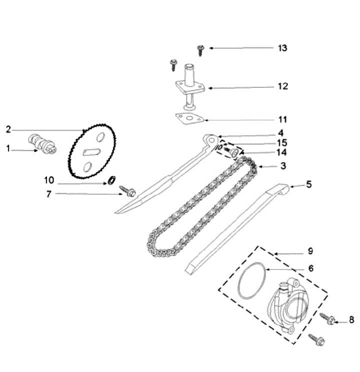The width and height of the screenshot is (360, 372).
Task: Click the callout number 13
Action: click(282, 48)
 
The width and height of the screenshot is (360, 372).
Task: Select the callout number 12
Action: click(282, 86)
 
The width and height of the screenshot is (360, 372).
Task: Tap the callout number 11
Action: click(282, 119)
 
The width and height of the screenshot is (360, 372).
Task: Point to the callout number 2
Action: click(8, 129)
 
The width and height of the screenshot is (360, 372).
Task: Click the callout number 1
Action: click(8, 148)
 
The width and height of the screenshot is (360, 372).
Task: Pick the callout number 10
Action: click(48, 180)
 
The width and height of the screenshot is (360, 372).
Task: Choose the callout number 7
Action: click(48, 194)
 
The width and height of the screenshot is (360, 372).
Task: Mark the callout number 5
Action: click(308, 184)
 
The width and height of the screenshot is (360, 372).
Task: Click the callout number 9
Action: click(310, 250)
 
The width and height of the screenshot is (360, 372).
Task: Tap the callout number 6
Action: click(310, 268)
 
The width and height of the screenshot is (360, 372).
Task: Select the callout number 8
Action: click(351, 320)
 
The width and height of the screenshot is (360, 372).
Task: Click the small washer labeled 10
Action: click(111, 180)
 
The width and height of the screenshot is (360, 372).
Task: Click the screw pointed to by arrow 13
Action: click(200, 49)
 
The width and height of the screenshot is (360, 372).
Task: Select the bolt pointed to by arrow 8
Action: click(327, 318)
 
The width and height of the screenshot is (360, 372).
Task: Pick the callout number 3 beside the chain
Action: click(282, 165)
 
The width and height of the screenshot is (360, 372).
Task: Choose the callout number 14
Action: click(282, 152)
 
